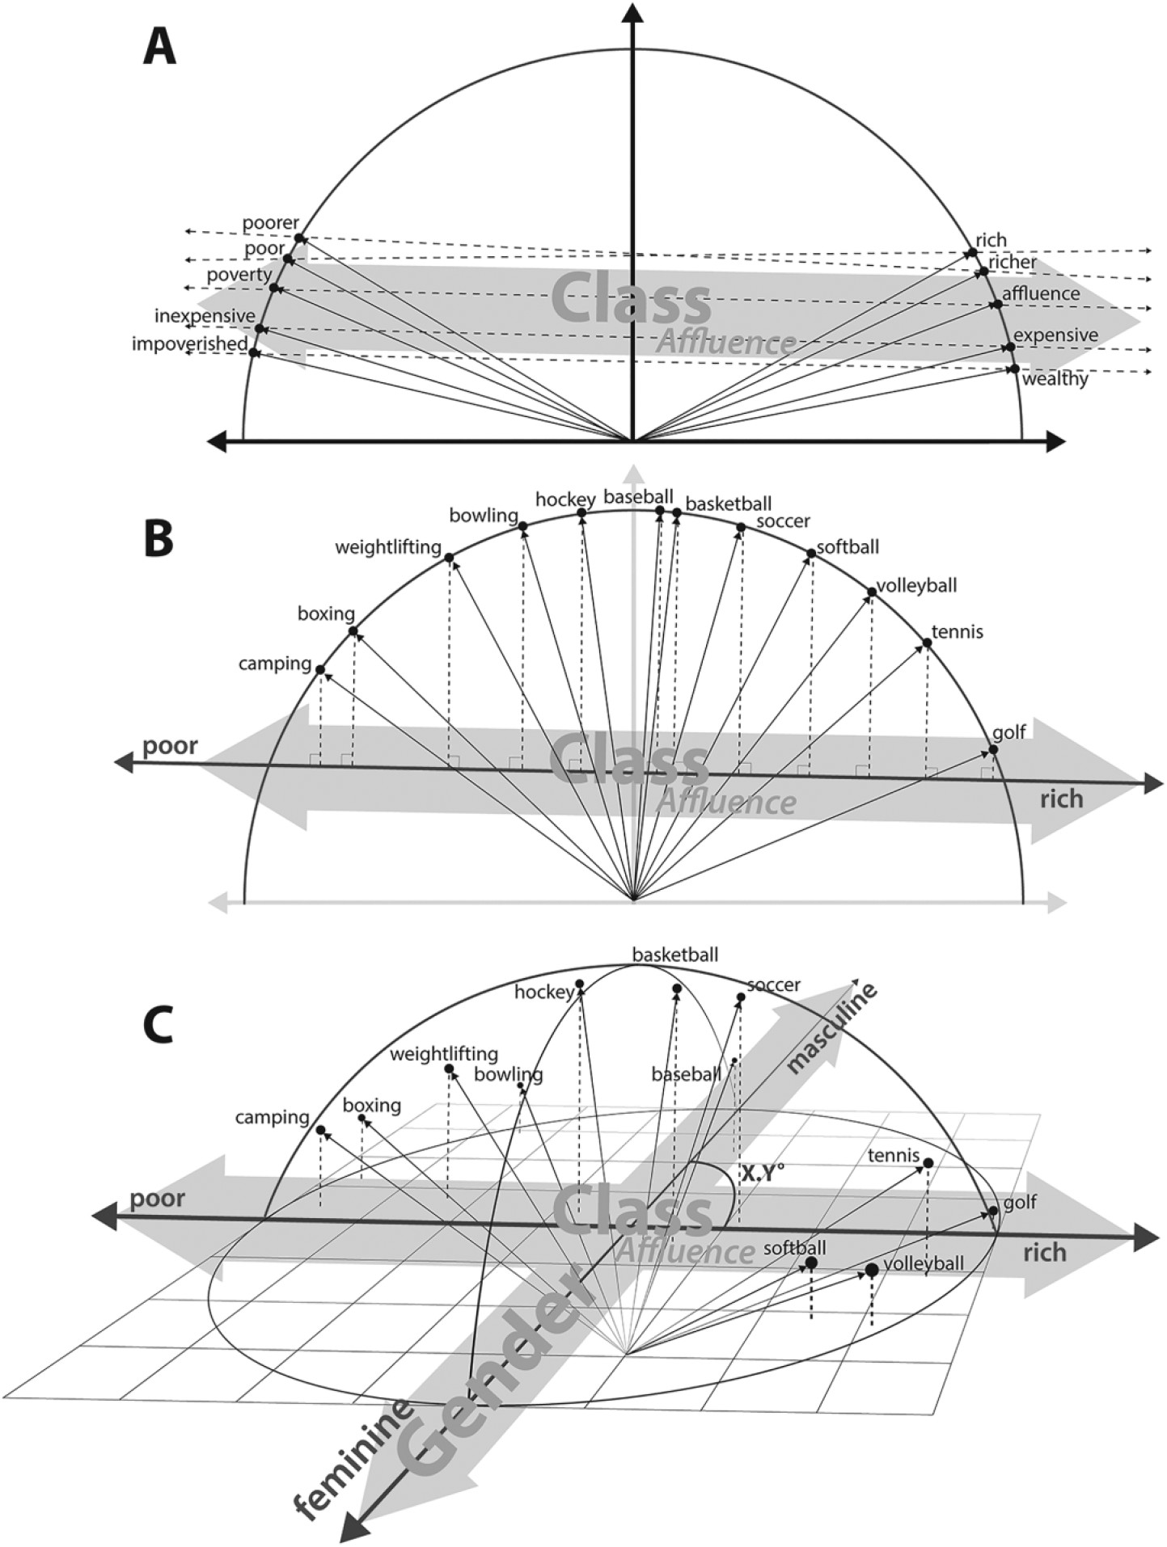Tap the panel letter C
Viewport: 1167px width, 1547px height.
(157, 1026)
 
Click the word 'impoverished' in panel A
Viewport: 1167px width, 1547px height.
(190, 344)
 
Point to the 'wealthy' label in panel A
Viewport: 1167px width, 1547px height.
(1055, 379)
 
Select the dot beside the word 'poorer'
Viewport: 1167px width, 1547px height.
(300, 238)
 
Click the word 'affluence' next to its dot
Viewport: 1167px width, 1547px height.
(1041, 294)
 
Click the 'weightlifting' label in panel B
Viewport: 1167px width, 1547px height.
(388, 548)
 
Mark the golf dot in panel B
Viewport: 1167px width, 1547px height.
(994, 749)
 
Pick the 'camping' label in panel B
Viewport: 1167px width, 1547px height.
(275, 664)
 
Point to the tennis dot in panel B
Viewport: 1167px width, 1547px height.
(928, 643)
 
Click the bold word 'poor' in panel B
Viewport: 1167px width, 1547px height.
(170, 745)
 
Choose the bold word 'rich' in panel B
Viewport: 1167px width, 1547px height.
(1061, 799)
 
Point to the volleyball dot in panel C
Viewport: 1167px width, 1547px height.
(872, 1271)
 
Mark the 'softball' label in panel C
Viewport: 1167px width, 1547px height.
(794, 1248)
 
